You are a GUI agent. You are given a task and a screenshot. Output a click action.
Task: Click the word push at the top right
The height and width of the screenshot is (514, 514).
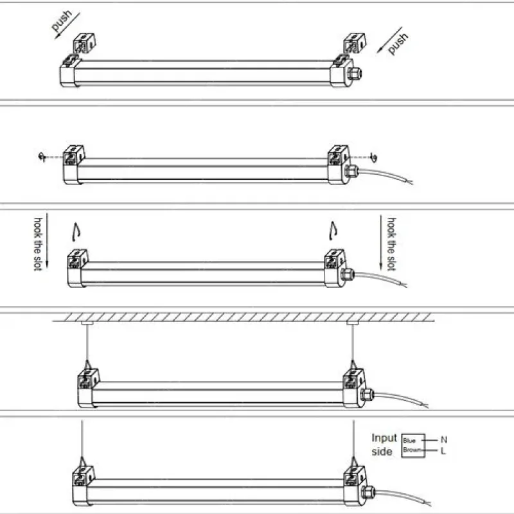(x=398, y=43)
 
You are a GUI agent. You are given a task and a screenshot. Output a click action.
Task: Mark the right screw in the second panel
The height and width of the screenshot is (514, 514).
(x=375, y=156)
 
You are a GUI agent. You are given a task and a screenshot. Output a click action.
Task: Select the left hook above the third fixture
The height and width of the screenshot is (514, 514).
(x=75, y=228)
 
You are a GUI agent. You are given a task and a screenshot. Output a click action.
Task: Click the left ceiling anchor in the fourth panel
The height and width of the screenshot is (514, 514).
(x=85, y=323)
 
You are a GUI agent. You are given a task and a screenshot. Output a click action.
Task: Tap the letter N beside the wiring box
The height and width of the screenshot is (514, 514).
(x=443, y=440)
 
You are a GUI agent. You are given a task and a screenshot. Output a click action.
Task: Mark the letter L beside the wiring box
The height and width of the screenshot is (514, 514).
(x=443, y=451)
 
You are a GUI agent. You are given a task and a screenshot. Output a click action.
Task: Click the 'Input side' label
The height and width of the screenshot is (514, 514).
(x=384, y=445)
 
